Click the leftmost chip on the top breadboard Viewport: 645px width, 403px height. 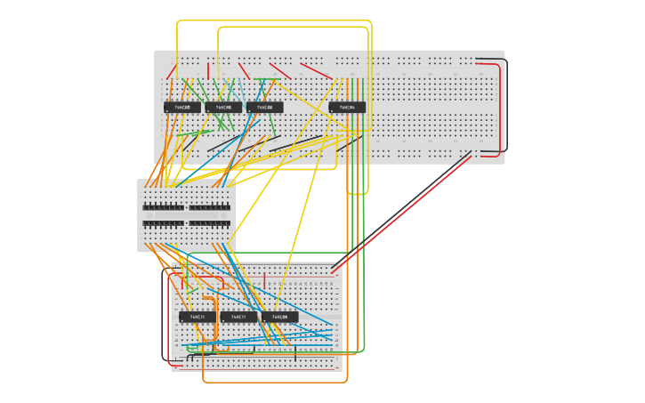click(x=182, y=108)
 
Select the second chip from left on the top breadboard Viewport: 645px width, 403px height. click(x=223, y=108)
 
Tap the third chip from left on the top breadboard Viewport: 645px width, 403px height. click(x=264, y=108)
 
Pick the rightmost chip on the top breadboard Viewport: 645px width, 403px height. click(x=347, y=108)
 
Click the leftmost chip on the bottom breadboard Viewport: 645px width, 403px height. click(x=198, y=317)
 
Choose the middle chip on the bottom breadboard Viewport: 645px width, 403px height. click(x=238, y=317)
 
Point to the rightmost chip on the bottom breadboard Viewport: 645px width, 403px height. click(x=279, y=317)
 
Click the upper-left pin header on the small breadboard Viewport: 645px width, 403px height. click(x=164, y=207)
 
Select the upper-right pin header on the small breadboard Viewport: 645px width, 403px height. click(x=210, y=207)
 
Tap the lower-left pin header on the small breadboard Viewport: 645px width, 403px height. click(x=164, y=223)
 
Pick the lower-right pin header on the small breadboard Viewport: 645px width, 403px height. click(x=210, y=223)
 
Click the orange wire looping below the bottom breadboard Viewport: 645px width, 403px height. click(x=276, y=383)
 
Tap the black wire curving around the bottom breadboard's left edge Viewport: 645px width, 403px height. click(x=163, y=320)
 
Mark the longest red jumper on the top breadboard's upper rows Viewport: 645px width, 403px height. click(x=316, y=70)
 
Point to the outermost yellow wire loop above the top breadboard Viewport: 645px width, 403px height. click(x=267, y=21)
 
